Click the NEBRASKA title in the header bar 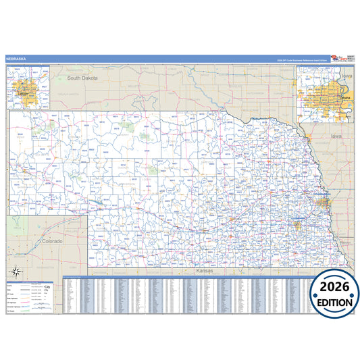pos(16,59)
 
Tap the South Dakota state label pos(82,78)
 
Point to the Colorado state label pos(52,240)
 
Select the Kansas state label pos(204,270)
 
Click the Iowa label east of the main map pos(337,136)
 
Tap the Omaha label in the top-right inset pos(344,99)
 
